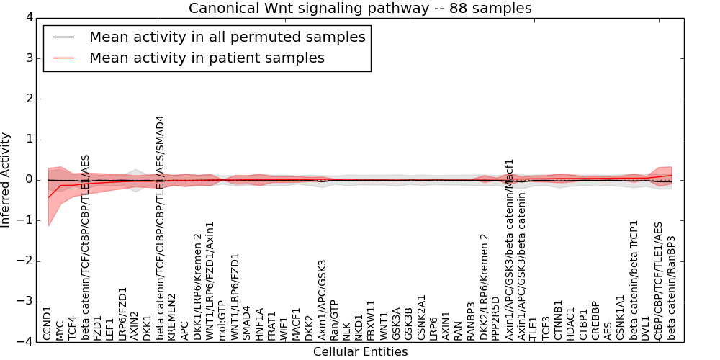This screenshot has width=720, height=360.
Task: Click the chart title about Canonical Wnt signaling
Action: [x=360, y=9]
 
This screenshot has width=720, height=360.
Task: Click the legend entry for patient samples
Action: [x=207, y=58]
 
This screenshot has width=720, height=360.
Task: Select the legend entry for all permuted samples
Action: [x=227, y=37]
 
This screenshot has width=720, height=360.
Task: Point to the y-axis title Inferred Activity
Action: [x=6, y=180]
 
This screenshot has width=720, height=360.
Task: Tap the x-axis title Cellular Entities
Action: [x=360, y=352]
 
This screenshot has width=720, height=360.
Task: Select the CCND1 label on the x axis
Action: [x=48, y=323]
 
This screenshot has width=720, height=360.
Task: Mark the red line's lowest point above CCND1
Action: [x=48, y=197]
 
